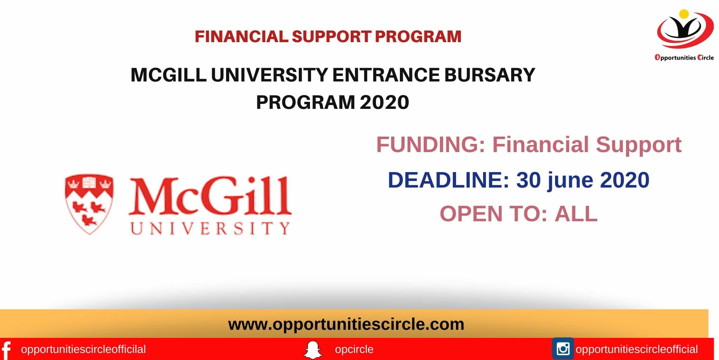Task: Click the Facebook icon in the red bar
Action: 6,350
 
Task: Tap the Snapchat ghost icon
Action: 312,350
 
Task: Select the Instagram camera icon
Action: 563,349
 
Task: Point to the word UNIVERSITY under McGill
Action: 210,229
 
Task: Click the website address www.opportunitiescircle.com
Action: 346,324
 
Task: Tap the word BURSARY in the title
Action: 489,75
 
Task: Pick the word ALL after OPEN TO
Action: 576,214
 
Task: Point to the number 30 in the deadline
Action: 528,180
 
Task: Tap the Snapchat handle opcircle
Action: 354,349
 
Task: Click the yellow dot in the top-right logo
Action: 684,14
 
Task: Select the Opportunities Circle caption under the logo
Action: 684,58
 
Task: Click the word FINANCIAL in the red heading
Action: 241,37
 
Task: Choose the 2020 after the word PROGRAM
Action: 384,102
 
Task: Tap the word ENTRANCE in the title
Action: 386,75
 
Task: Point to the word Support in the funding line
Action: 638,145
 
